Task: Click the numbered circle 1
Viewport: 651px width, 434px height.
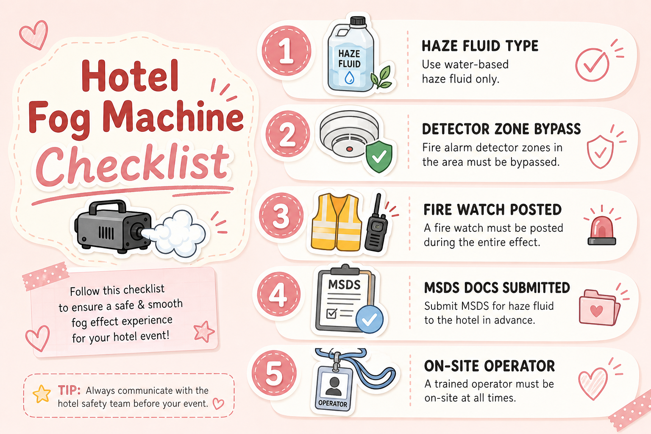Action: [x=286, y=50]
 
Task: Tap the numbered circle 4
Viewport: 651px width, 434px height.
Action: [x=279, y=294]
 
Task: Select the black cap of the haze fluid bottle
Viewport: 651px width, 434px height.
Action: [x=358, y=22]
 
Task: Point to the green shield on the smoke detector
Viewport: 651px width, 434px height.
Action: [x=379, y=156]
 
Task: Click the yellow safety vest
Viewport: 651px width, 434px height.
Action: [x=336, y=223]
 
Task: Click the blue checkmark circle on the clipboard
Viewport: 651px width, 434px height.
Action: [x=370, y=319]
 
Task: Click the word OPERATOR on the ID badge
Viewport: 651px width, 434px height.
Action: [x=332, y=403]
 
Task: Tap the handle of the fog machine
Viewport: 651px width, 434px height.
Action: [x=108, y=206]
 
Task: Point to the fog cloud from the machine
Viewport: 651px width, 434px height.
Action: [x=177, y=234]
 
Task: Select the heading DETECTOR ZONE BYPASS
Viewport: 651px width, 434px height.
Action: [x=501, y=129]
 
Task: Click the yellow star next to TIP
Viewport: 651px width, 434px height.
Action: [x=42, y=394]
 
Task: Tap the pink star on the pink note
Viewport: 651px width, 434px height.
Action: [x=204, y=332]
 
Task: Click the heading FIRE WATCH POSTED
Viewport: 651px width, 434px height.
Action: [x=492, y=210]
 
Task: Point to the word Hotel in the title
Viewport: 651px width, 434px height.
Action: [x=130, y=76]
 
